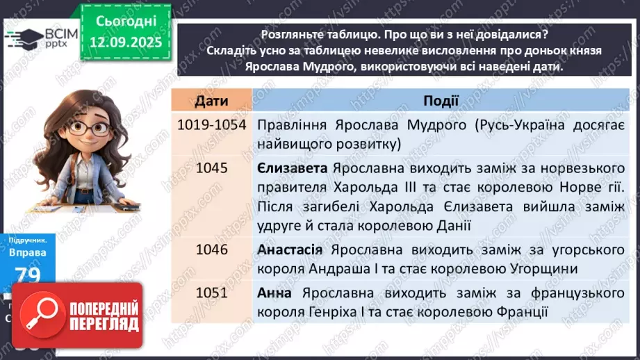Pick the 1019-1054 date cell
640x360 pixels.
click(212, 126)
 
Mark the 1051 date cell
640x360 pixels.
click(212, 293)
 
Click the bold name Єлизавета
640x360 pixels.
click(292, 168)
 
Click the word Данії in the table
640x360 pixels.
click(452, 225)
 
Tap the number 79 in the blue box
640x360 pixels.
click(28, 275)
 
